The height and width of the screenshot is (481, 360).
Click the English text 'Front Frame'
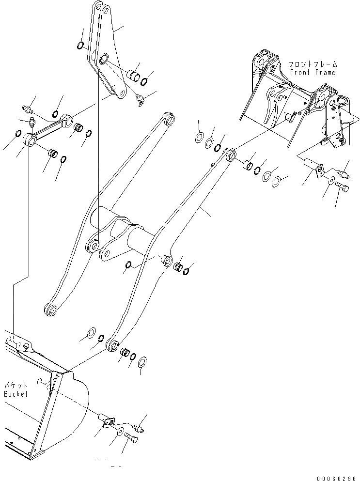click(313, 72)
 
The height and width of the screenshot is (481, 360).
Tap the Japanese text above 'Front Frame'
click(313, 64)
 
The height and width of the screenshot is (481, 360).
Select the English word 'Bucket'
click(16, 394)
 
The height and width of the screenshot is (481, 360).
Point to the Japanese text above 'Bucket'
click(16, 386)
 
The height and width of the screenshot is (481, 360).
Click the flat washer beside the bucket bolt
click(120, 431)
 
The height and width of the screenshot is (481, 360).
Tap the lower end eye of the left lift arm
click(50, 310)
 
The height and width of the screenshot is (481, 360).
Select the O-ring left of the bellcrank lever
click(80, 46)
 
